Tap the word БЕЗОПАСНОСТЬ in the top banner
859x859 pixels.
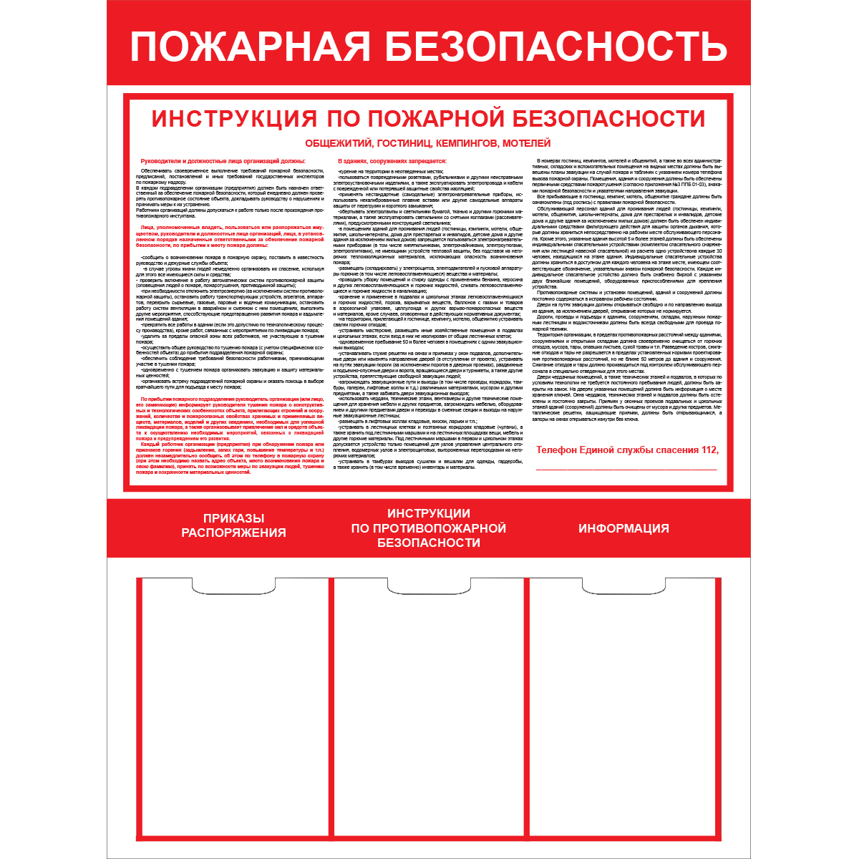coord(556,47)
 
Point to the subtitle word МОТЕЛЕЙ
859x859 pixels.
coord(527,143)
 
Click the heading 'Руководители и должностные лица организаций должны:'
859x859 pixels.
coord(223,161)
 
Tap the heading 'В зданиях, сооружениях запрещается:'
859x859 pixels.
coord(392,161)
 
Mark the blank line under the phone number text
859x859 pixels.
coord(626,470)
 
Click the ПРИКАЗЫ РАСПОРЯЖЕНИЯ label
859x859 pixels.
coord(233,525)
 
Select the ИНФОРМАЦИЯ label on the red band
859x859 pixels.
coord(623,528)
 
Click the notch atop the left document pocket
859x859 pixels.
coord(233,585)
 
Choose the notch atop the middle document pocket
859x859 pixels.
coord(428,585)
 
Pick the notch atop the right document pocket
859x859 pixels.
coord(623,585)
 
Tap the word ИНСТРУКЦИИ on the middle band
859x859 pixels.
coord(428,513)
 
